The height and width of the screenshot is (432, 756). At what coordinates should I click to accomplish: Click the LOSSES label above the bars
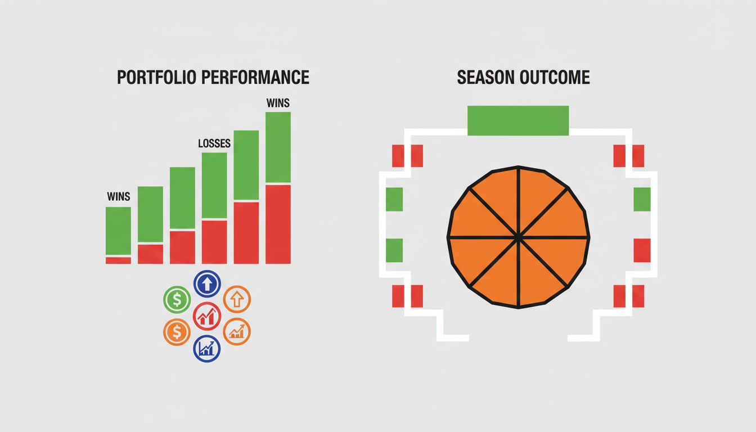[214, 144]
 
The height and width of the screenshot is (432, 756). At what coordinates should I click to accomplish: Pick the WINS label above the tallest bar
[278, 103]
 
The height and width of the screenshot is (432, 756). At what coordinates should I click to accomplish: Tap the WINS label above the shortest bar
[118, 197]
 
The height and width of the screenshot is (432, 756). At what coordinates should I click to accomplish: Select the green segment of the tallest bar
[278, 147]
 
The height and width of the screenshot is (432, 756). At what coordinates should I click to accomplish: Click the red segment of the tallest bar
[278, 224]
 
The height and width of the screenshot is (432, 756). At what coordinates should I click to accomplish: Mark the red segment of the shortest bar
[118, 260]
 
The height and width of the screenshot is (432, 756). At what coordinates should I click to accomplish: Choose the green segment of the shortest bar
[118, 231]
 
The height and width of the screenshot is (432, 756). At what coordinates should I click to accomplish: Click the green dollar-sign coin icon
[177, 299]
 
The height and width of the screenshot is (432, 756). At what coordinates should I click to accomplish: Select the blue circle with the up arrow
[207, 283]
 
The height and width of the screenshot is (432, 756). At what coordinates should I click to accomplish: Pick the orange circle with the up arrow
[237, 299]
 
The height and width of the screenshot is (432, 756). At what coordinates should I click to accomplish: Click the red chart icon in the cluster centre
[207, 316]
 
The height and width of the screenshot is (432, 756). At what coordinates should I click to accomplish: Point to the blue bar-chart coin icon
[207, 348]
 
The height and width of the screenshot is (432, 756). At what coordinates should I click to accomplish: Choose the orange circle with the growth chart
[237, 331]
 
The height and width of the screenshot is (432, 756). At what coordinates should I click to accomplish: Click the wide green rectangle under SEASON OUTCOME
[518, 120]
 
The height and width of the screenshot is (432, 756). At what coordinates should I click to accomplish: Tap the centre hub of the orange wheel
[518, 238]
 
